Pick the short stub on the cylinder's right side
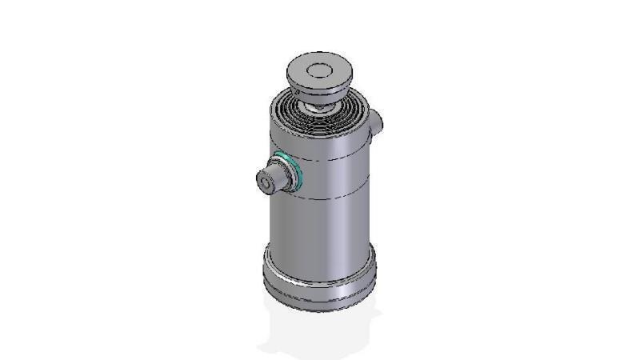(378, 121)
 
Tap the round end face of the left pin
(266, 183)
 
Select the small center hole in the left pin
(265, 183)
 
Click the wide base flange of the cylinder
(320, 276)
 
